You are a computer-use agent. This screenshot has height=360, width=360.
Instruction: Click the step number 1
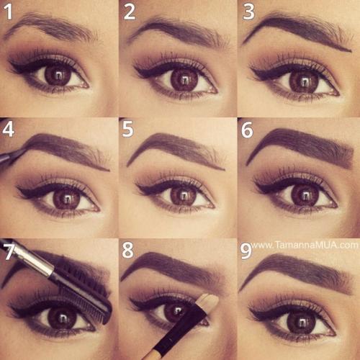point(8,12)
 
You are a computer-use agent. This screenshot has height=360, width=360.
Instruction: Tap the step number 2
point(130,12)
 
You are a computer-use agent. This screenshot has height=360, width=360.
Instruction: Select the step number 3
point(248,12)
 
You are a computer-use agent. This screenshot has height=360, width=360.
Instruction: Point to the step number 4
point(8,130)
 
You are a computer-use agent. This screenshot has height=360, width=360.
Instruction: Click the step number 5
point(127,130)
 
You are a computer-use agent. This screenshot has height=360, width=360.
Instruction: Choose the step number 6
point(247,130)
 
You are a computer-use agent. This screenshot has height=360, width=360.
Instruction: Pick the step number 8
point(127,251)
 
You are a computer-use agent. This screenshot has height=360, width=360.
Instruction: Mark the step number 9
point(246,251)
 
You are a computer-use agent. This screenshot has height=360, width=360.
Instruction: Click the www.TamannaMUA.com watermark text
point(305,245)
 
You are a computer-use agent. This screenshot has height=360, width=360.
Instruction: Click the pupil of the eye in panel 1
point(58,76)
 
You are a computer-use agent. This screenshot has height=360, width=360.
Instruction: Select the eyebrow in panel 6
point(303,145)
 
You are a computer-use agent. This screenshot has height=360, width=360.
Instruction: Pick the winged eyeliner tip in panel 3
point(251,69)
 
